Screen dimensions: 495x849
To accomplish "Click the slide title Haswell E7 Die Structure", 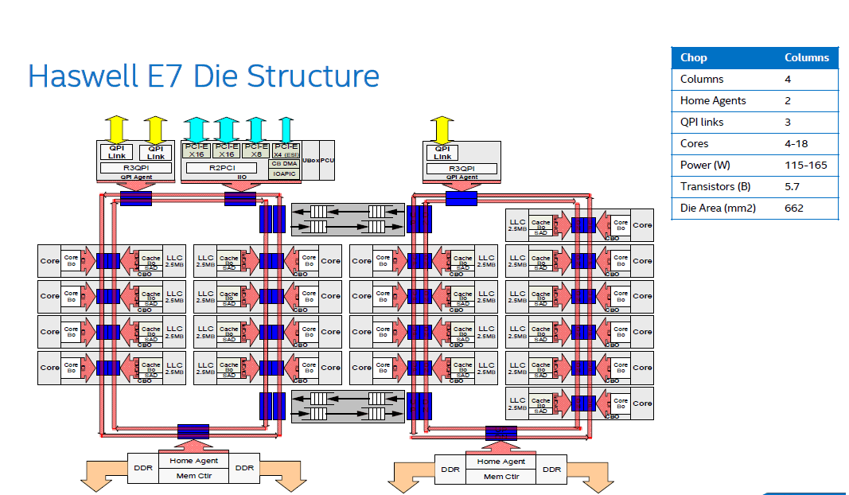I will point(203,76).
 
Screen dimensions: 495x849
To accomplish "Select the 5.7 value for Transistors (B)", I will point(792,187).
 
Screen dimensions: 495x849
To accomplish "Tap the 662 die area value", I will point(794,209).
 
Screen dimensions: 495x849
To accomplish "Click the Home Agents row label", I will point(713,101).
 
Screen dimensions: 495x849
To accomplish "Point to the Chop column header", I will point(694,58).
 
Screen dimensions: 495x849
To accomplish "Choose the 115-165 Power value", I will point(805,166).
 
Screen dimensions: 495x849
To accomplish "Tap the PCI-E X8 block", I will point(255,150).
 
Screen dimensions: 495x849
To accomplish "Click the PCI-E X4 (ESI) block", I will point(285,150).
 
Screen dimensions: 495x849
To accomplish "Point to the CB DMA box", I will point(285,163).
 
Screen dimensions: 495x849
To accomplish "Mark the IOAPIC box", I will point(285,173).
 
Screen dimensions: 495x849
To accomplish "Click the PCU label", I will point(327,160).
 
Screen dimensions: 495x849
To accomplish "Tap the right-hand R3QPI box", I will point(461,168).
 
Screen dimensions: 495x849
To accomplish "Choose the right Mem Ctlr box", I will point(500,476).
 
